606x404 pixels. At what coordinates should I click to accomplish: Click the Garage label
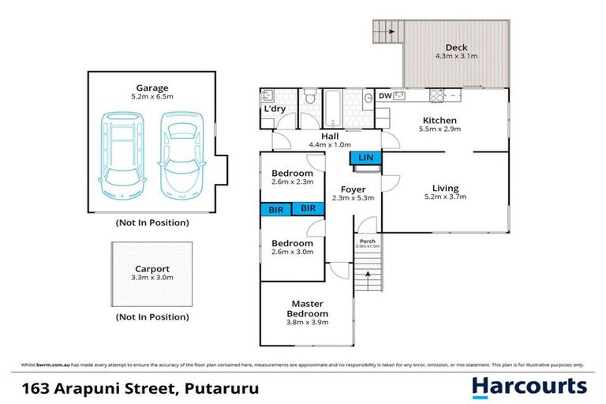[x=151, y=88]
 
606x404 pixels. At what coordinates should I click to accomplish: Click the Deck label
[x=455, y=47]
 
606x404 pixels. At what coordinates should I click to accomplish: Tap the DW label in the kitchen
[x=385, y=96]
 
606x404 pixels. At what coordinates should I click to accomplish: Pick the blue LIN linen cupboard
[x=365, y=158]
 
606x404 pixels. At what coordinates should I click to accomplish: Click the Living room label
[x=445, y=188]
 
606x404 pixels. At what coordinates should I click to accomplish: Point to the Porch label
[x=367, y=241]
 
